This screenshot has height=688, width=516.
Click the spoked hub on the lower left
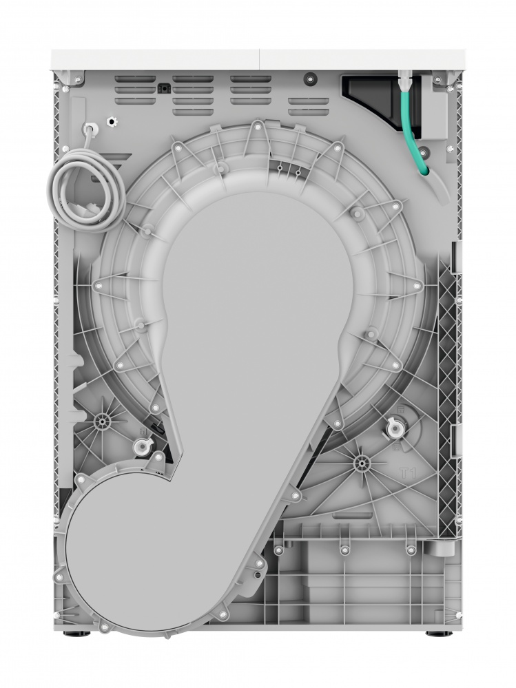(103, 419)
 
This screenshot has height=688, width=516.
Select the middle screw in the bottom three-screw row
(343, 550)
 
